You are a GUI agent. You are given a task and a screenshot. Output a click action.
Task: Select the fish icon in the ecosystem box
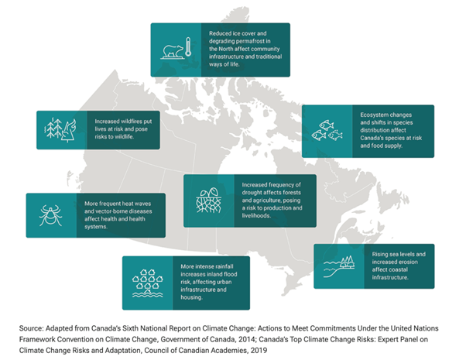click(327, 132)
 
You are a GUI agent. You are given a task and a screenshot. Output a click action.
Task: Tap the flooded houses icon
click(148, 283)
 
